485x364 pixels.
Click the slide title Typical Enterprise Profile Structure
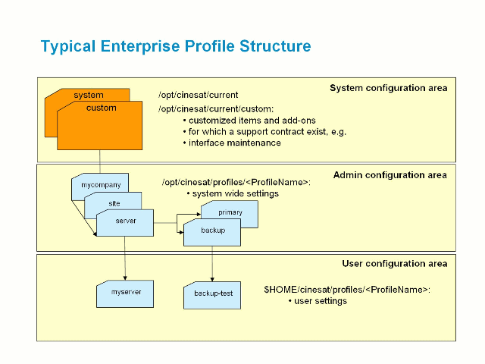[176, 46]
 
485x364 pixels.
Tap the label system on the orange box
[89, 95]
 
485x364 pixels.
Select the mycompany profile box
[101, 184]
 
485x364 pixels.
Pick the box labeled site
[114, 203]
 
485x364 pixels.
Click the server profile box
[126, 221]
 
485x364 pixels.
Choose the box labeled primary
[230, 212]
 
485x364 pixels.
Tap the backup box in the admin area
[213, 231]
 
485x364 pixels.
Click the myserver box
[126, 293]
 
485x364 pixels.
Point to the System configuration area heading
[388, 88]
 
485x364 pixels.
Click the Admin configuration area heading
[390, 174]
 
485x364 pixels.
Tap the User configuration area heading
[394, 263]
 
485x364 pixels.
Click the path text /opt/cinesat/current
[199, 95]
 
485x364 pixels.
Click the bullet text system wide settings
[235, 193]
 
